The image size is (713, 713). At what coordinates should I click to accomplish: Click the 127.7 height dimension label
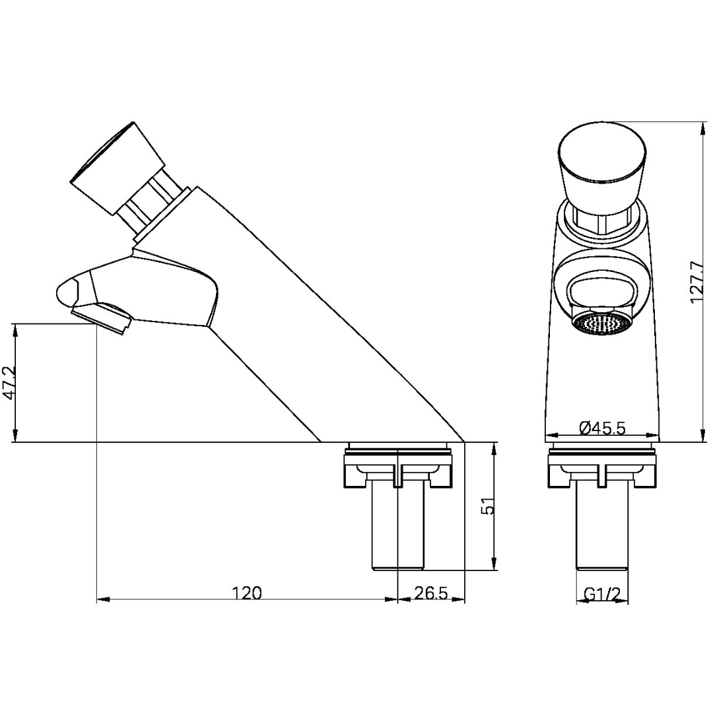pos(698,282)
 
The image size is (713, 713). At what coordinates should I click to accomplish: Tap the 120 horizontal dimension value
pos(247,593)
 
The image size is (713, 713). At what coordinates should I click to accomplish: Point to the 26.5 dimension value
pos(431,593)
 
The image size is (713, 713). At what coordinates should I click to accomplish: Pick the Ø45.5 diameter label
pos(601,428)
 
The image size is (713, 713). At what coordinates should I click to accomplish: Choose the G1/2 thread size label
pos(602,594)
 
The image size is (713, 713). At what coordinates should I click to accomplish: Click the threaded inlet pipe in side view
pos(398,528)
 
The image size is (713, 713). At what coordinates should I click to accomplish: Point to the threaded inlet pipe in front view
pos(601,528)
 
